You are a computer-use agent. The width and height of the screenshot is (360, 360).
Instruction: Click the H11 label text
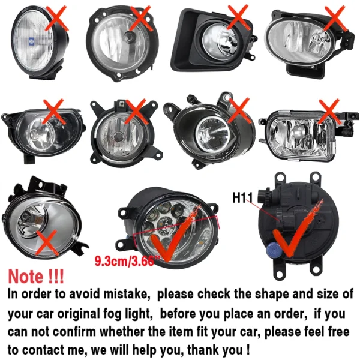pos(242,197)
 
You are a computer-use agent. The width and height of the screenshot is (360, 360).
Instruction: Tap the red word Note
pos(25,276)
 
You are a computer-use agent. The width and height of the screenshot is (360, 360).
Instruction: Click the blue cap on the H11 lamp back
pos(274,250)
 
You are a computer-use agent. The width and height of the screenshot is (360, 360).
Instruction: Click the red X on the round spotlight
pos(57,19)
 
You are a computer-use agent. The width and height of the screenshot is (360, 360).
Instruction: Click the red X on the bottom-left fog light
pos(46,243)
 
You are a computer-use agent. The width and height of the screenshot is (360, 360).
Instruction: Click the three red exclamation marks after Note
pos(56,276)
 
